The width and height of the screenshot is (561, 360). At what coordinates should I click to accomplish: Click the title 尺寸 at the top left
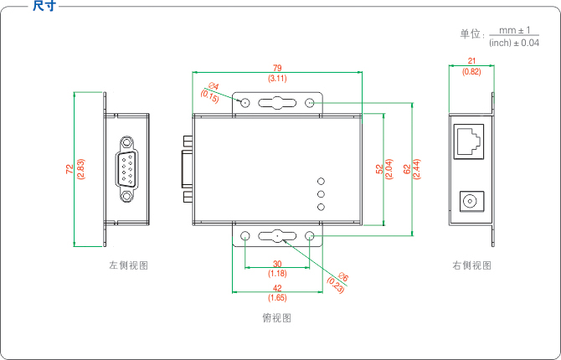point(44,7)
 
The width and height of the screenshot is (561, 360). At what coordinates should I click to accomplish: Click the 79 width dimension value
point(277,68)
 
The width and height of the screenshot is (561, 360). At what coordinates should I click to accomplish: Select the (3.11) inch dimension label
point(277,78)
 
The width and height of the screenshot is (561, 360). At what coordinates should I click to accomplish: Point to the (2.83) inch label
point(80,169)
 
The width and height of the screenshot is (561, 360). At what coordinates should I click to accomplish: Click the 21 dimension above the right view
point(472,61)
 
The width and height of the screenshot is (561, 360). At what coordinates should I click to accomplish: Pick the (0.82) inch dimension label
point(472,72)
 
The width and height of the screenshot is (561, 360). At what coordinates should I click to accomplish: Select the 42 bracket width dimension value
point(277,287)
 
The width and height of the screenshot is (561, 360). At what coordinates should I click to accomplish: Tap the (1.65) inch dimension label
point(277,298)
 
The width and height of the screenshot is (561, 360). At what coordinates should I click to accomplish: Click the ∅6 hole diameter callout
point(343,278)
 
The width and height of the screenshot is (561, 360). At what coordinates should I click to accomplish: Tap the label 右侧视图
point(471,265)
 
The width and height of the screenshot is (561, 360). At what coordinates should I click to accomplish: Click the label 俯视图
point(276,318)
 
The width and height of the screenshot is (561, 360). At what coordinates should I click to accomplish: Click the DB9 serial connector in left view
point(126,168)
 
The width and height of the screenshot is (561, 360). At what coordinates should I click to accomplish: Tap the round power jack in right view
point(472,201)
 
